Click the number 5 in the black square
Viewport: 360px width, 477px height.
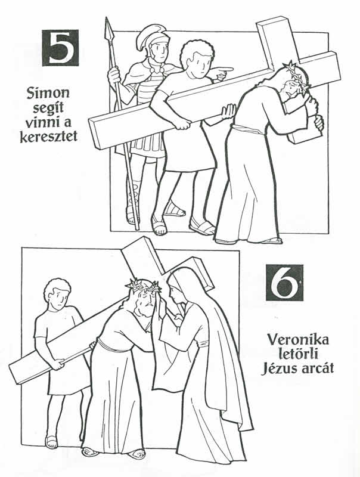point(60,47)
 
